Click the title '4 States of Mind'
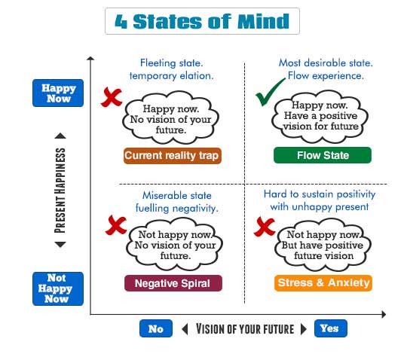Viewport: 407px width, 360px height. [x=202, y=21]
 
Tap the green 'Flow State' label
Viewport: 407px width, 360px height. [x=323, y=155]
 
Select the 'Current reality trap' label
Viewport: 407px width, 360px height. [x=173, y=156]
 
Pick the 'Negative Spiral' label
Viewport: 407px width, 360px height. [x=173, y=283]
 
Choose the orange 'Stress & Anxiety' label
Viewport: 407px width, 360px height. [x=323, y=282]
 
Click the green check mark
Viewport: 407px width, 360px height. [x=270, y=92]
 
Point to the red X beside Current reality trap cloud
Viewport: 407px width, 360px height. [x=112, y=97]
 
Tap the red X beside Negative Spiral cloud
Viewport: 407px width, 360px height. [x=116, y=225]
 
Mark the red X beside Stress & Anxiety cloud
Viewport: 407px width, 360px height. [x=265, y=227]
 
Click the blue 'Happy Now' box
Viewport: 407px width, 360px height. [x=58, y=93]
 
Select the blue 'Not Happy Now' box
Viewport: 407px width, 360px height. [x=58, y=288]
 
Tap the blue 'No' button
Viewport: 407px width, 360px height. [x=156, y=328]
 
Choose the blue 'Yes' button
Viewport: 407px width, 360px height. [x=330, y=328]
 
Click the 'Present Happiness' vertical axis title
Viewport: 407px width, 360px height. [x=60, y=191]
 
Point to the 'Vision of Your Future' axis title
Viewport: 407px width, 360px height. [x=245, y=329]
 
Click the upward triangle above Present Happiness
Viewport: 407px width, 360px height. [x=60, y=136]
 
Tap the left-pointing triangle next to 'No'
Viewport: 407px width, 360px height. [x=185, y=329]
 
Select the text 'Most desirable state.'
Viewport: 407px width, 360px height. [x=326, y=63]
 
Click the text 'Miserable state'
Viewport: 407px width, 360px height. [x=177, y=195]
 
